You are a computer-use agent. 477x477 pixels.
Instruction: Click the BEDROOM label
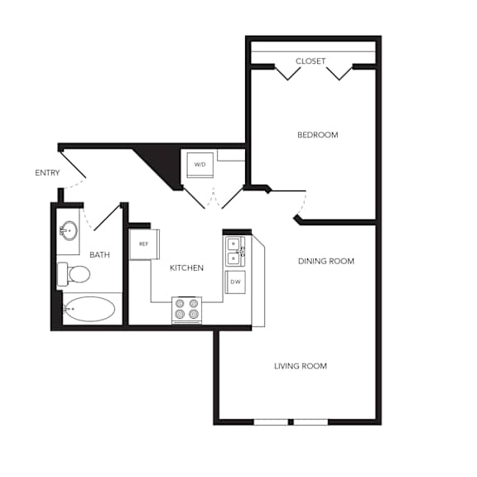pyautogui.click(x=318, y=135)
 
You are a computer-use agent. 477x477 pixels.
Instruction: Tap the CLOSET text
pyautogui.click(x=311, y=61)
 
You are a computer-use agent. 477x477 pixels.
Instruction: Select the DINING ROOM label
pyautogui.click(x=326, y=262)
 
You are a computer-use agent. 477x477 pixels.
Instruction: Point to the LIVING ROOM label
pyautogui.click(x=301, y=366)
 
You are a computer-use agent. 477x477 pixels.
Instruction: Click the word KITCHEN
pyautogui.click(x=186, y=268)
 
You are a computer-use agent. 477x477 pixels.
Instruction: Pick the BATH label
pyautogui.click(x=99, y=254)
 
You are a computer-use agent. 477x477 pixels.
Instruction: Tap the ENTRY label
pyautogui.click(x=47, y=173)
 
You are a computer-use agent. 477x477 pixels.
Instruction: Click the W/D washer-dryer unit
pyautogui.click(x=200, y=165)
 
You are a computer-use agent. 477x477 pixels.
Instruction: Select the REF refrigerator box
pyautogui.click(x=144, y=244)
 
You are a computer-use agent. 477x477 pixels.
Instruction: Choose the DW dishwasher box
pyautogui.click(x=235, y=282)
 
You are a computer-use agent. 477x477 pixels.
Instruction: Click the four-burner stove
pyautogui.click(x=187, y=310)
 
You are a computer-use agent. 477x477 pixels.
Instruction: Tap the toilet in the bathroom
pyautogui.click(x=74, y=274)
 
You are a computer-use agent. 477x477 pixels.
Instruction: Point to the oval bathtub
pyautogui.click(x=89, y=309)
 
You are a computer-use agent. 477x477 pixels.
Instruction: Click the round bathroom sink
pyautogui.click(x=69, y=231)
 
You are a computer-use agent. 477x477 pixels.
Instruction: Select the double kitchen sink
pyautogui.click(x=235, y=251)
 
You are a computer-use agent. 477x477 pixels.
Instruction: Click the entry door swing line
pyautogui.click(x=73, y=165)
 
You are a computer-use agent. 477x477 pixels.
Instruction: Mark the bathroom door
pyautogui.click(x=107, y=218)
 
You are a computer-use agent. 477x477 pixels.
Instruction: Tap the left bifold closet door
pyautogui.click(x=288, y=74)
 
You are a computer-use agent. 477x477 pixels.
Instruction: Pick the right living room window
pyautogui.click(x=311, y=422)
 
